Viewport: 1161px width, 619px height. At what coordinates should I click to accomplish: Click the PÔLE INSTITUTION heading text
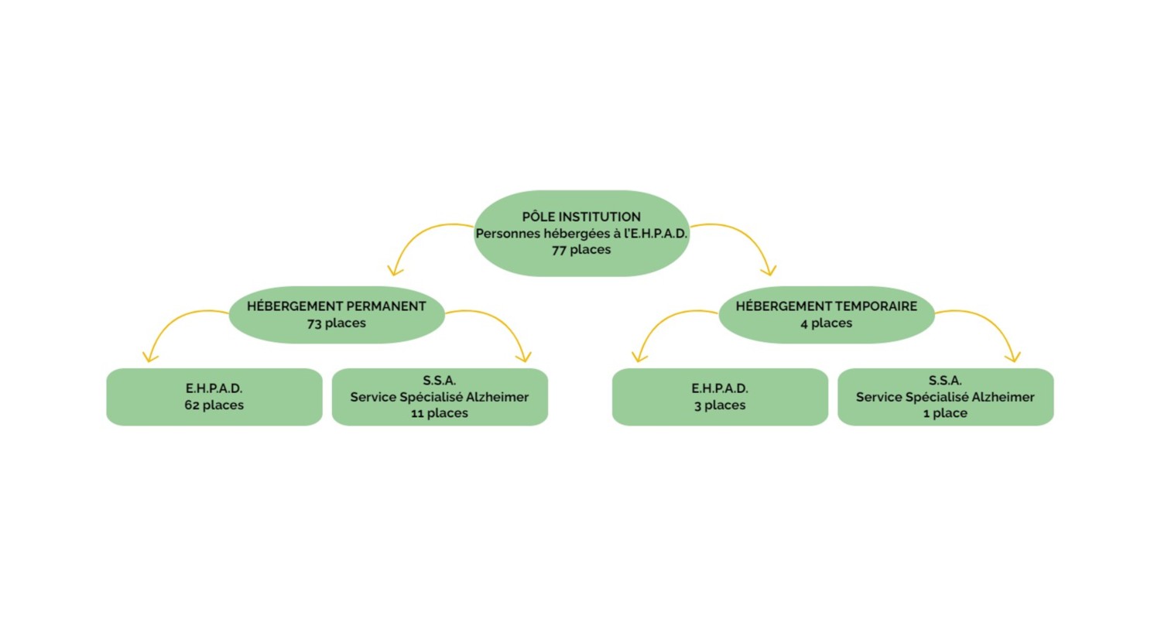(x=581, y=216)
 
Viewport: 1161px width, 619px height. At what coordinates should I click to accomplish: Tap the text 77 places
(x=581, y=250)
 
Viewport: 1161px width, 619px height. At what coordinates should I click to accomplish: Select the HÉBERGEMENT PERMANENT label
(x=337, y=306)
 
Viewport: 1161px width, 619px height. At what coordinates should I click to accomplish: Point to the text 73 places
(x=337, y=323)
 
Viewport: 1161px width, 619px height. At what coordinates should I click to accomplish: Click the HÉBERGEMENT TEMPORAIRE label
(x=827, y=306)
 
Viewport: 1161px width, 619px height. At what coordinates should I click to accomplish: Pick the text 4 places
(x=827, y=323)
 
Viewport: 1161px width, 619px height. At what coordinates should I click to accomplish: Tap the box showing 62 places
(x=214, y=397)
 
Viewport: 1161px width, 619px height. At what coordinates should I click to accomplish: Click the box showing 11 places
(x=440, y=397)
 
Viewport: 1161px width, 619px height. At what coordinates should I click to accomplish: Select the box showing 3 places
(x=720, y=397)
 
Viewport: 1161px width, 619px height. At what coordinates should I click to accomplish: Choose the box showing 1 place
(x=945, y=397)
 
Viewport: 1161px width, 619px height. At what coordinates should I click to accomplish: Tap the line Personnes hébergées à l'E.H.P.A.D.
(x=581, y=233)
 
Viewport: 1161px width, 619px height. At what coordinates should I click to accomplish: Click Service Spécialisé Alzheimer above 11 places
(x=440, y=397)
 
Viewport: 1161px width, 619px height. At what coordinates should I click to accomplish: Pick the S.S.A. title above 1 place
(x=945, y=381)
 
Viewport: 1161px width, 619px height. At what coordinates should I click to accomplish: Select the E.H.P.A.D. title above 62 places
(x=214, y=388)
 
